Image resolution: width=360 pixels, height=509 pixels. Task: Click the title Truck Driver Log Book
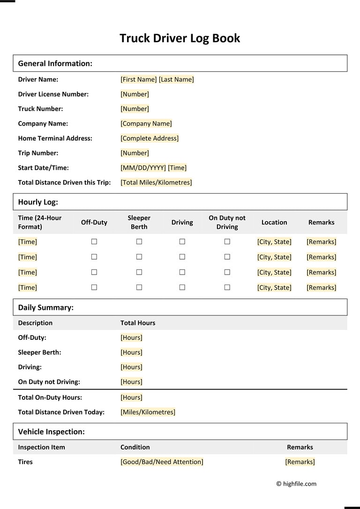180,38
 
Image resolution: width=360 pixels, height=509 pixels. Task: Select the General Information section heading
55,63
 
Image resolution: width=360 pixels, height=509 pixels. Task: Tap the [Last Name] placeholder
176,79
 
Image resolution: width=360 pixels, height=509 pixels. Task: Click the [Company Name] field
146,124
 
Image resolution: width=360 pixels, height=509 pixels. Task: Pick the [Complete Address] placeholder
150,138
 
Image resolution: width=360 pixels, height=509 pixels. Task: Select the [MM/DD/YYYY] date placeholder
143,168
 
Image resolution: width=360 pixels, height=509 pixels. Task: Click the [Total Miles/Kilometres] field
156,182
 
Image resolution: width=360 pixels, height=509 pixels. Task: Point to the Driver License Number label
53,94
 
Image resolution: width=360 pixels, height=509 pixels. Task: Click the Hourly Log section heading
38,202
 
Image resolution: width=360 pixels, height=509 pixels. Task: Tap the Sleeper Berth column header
139,222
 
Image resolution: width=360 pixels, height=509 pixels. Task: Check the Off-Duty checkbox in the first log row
94,242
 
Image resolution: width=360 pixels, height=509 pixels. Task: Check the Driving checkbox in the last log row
182,287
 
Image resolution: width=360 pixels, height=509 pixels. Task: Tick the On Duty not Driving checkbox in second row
227,257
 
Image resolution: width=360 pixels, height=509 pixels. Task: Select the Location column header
274,222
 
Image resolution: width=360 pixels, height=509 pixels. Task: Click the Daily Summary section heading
45,307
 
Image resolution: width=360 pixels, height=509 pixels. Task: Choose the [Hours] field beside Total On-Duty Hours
131,397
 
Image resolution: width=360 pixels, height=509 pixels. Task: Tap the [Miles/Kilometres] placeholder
148,412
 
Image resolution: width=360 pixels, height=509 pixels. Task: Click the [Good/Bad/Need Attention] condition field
162,462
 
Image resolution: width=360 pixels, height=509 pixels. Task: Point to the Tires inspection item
25,462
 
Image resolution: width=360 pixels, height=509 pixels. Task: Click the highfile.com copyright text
296,484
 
